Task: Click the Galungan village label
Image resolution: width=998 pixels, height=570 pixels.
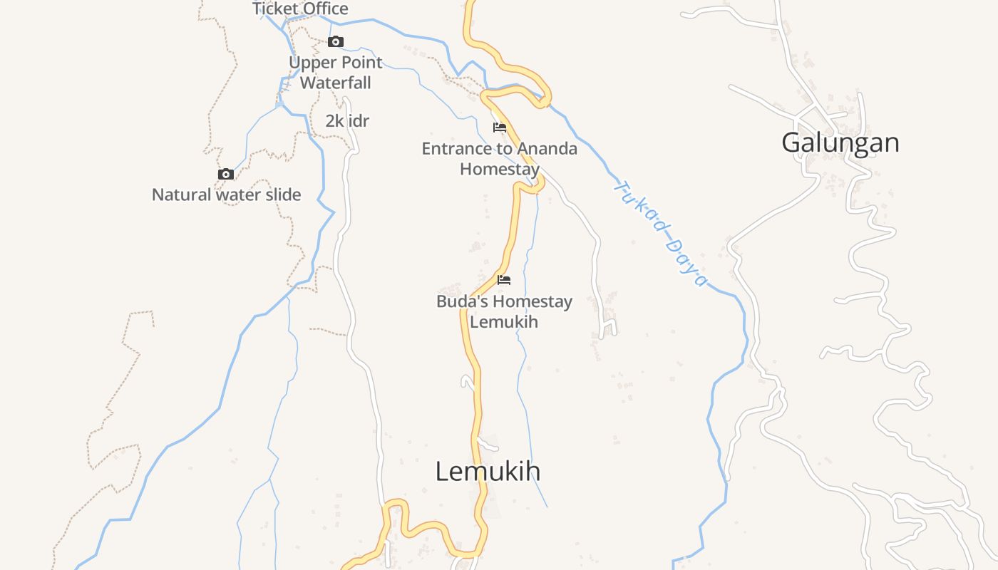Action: [840, 142]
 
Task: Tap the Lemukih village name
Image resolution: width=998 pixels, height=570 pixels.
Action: [488, 471]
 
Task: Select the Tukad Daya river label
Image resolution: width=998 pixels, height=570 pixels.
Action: [660, 234]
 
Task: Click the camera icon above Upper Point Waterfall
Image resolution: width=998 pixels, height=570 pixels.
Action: [336, 42]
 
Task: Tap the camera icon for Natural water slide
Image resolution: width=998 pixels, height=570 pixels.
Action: [226, 175]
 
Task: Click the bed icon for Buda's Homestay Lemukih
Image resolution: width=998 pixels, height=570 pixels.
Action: [504, 280]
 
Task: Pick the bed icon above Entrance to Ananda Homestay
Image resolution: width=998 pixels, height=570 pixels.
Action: [500, 128]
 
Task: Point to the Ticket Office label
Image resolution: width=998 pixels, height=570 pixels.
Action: [300, 9]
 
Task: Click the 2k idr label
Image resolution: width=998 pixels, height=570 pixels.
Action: [347, 121]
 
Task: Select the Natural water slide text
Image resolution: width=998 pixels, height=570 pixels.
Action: [226, 195]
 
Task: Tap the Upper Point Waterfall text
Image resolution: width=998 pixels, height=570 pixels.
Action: [335, 73]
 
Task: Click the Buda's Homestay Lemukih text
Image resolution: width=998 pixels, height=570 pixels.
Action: [504, 311]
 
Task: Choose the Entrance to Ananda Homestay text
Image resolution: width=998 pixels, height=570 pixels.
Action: [499, 159]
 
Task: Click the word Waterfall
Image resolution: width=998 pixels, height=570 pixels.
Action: [335, 83]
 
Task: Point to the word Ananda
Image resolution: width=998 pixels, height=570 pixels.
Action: [547, 149]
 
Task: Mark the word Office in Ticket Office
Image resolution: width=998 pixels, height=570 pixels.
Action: [324, 9]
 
